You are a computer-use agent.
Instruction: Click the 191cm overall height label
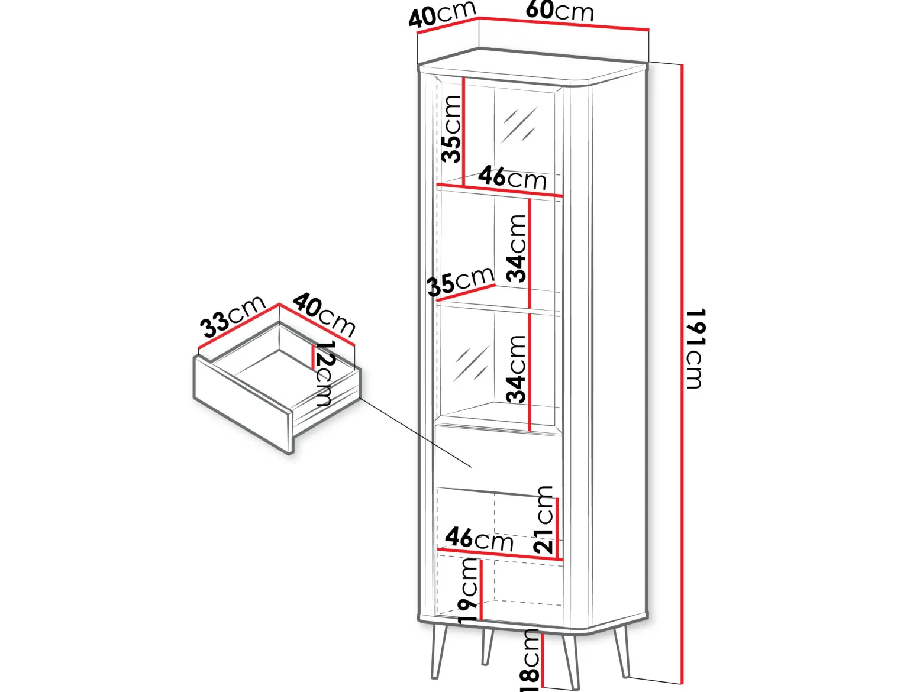point(694,349)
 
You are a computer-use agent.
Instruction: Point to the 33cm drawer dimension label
point(233,316)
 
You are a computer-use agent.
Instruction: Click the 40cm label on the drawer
point(324,315)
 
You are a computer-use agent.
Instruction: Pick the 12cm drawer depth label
point(324,373)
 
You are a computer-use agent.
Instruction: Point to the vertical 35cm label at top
point(451,129)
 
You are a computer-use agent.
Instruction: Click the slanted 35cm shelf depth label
point(461,281)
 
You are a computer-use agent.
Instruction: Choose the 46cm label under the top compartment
point(512,177)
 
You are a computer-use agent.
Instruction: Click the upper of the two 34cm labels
point(517,248)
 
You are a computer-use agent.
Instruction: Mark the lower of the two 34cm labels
point(517,369)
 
